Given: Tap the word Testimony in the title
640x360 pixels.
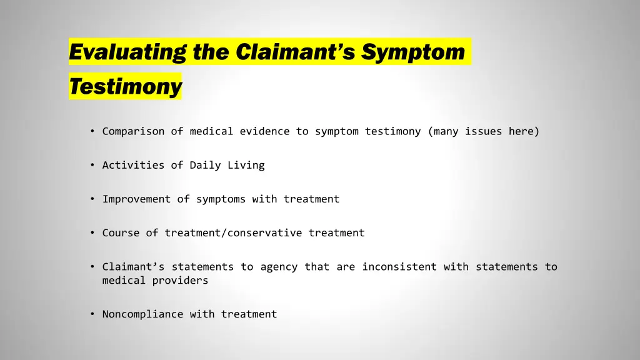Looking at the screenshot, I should point(125,87).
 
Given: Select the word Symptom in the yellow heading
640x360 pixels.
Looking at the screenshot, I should point(413,52).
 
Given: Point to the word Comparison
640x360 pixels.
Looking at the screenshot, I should point(133,131).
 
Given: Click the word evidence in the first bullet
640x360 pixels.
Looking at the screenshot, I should point(264,131).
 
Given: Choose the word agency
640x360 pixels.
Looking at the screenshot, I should point(279,267).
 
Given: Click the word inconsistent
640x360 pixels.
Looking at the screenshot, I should point(399,267).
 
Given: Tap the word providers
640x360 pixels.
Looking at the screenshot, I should point(180,281).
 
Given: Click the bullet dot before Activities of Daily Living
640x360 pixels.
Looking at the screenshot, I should point(92,165).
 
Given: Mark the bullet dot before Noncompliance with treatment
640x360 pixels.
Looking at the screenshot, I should point(92,314).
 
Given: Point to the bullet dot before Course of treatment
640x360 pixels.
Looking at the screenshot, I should point(92,232).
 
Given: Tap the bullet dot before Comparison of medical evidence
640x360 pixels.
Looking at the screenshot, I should point(92,131).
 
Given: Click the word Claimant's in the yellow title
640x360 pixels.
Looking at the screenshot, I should point(296,52).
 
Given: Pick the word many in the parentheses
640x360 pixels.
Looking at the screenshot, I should point(446,131).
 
